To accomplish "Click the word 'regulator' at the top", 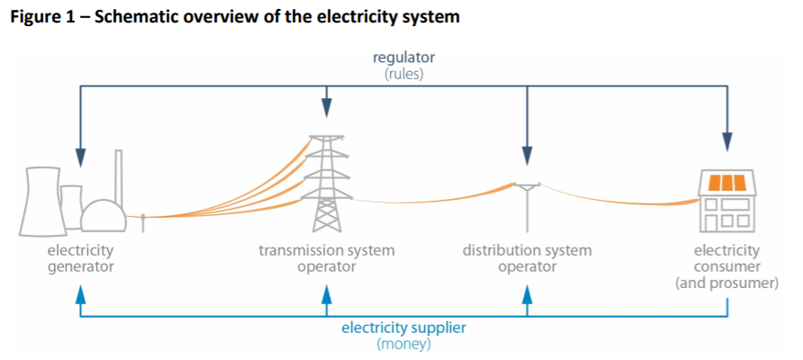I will pos(403,58).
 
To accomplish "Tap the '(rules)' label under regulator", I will pos(403,74).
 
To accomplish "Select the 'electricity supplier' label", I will pos(403,327).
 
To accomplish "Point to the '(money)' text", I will pos(403,344).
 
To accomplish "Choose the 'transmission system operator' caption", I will pos(327,258).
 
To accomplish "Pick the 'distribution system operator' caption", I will pos(528,258).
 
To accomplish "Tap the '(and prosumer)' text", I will pos(727,283).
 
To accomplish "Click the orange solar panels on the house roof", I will pos(727,183).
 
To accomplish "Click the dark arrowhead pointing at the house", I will pos(727,144).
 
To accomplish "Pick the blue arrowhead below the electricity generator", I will pos(81,294).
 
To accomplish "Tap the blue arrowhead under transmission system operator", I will pos(327,294).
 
